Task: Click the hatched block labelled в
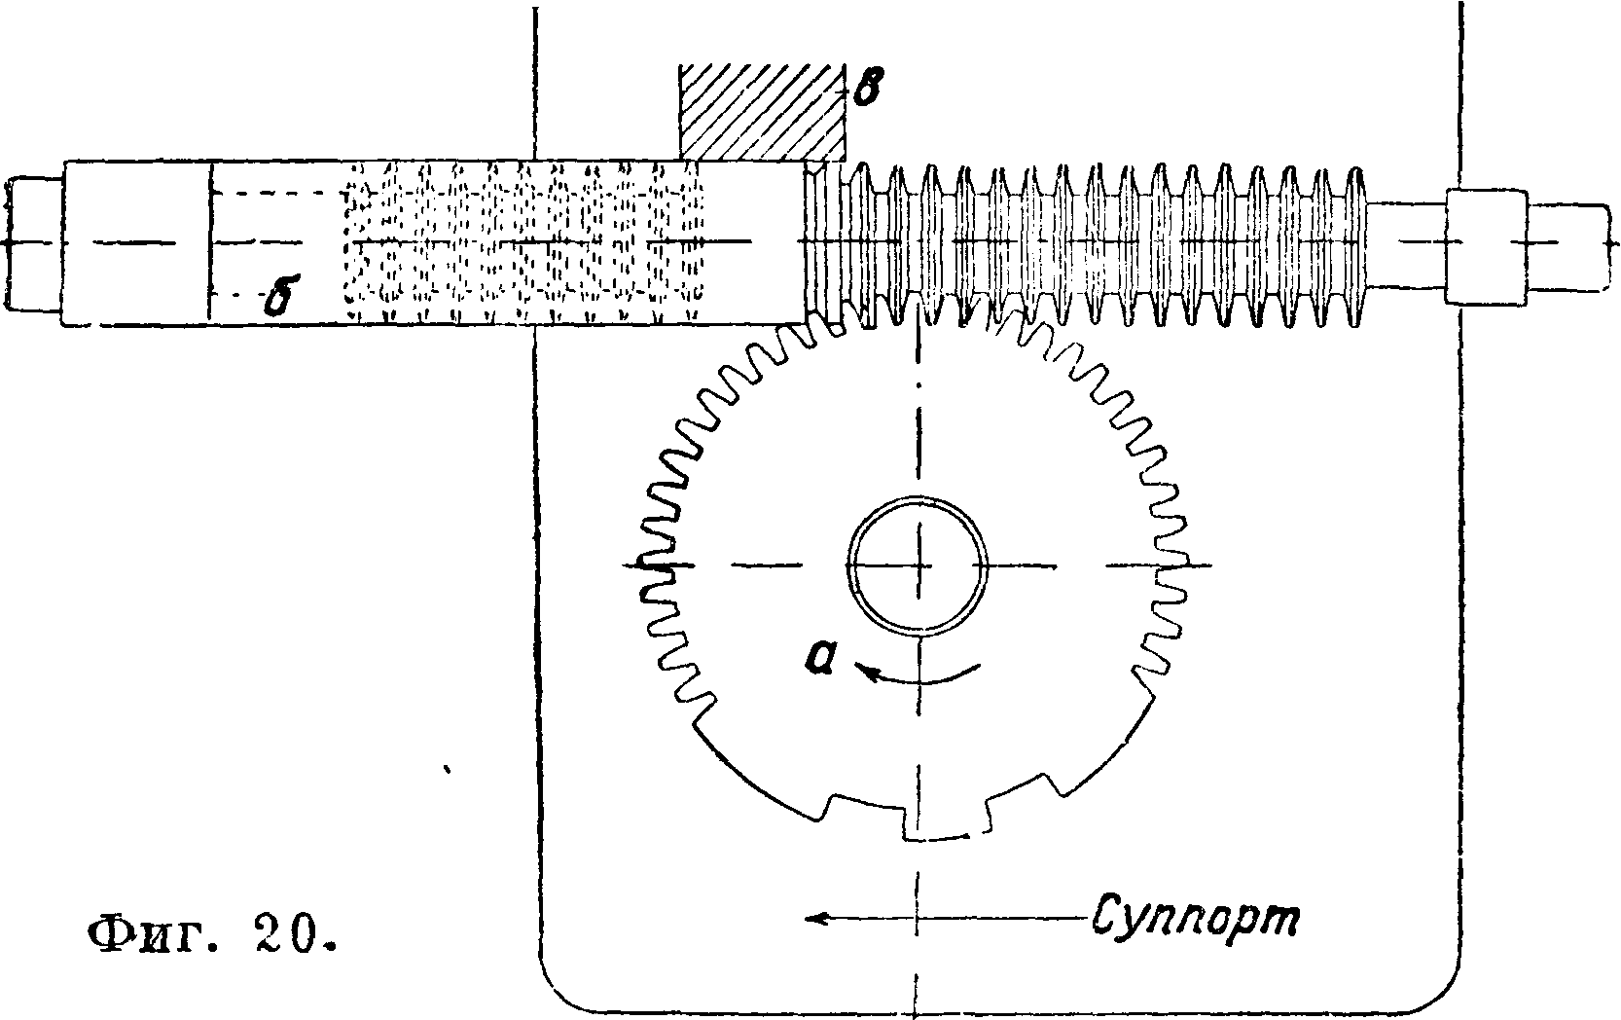point(762,112)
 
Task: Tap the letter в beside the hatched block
point(866,91)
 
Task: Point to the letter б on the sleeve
point(279,298)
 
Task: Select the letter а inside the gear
point(823,659)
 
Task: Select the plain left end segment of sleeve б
point(135,243)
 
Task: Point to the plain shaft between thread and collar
point(1405,243)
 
